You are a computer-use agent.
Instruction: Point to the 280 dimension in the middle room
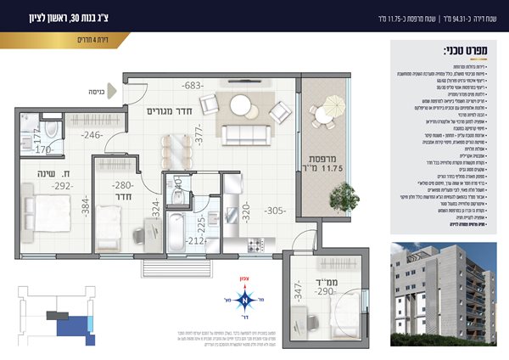pyautogui.click(x=124, y=185)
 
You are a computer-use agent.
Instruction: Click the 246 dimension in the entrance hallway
pyautogui.click(x=92, y=134)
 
